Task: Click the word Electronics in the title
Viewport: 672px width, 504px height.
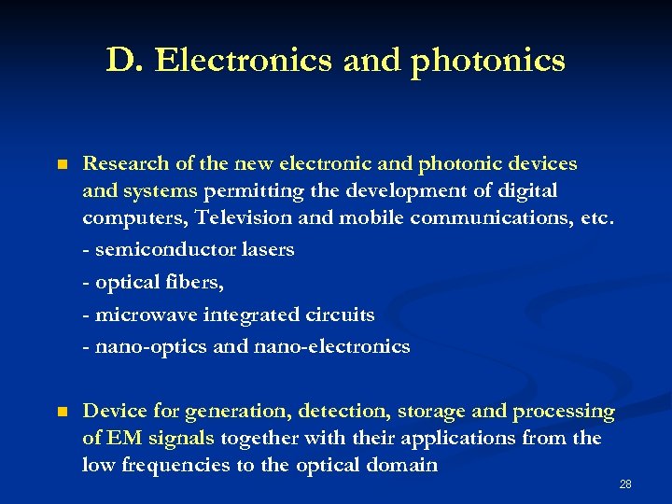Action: [244, 61]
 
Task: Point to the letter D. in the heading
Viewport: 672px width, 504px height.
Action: [124, 61]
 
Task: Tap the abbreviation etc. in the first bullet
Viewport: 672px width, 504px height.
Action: [597, 217]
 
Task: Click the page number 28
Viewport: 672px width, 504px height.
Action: [625, 483]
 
